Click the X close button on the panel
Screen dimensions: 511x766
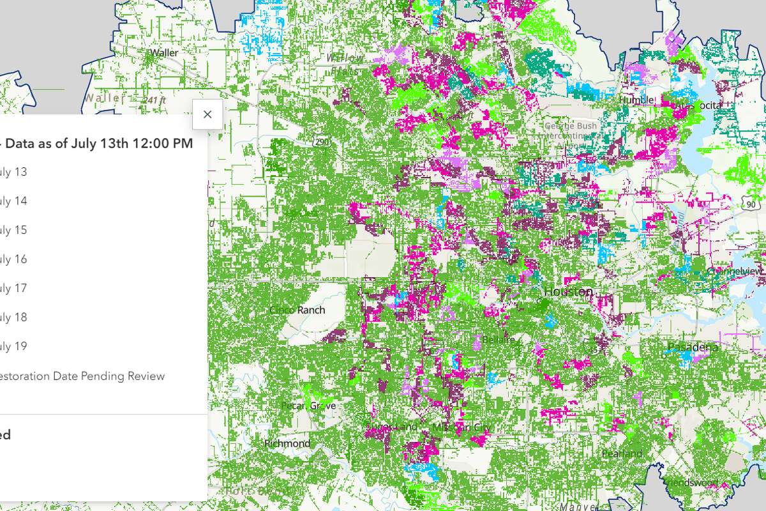[207, 114]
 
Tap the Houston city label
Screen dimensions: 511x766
[567, 291]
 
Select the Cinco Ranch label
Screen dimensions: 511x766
[297, 310]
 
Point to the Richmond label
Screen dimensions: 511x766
[287, 443]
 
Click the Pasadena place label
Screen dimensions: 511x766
[693, 347]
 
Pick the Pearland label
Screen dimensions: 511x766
[622, 454]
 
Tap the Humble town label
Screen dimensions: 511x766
[636, 100]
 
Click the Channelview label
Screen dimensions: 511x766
[735, 271]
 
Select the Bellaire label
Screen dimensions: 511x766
[499, 339]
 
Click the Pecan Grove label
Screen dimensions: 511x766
[308, 406]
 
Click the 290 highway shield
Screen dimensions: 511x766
[321, 141]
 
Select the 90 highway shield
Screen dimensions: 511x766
[751, 202]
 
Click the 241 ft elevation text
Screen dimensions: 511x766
[155, 100]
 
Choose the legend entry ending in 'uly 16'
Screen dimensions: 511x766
[13, 259]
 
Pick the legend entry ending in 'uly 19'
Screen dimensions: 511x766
[13, 346]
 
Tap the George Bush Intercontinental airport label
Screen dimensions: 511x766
[569, 130]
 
